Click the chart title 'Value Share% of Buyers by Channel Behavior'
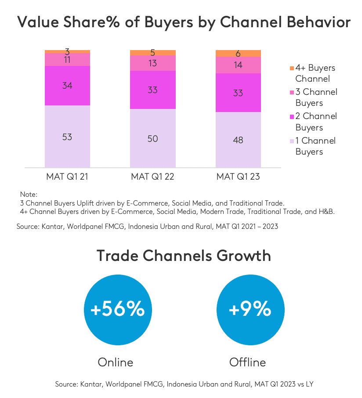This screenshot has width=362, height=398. point(181,22)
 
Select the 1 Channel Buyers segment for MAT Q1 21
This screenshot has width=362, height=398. point(68,136)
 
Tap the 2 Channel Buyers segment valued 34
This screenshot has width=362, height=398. point(68,86)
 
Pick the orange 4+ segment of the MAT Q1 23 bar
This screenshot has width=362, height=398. point(238,54)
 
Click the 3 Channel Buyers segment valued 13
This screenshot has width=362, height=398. point(153,63)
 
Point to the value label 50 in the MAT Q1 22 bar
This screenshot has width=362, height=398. point(153,139)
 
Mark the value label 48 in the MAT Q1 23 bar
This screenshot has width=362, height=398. point(238,140)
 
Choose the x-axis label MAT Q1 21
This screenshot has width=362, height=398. point(68,177)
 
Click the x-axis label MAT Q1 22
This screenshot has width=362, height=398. point(153,177)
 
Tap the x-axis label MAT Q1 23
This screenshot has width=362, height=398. point(238,177)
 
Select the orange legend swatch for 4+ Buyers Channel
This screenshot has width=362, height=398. point(291,69)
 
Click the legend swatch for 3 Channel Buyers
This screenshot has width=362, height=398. point(291,93)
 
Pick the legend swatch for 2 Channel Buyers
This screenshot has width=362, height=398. point(291,117)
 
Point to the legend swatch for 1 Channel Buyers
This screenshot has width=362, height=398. point(291,141)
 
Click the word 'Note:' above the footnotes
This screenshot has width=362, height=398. point(29,194)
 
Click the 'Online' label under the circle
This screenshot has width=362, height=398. point(115,362)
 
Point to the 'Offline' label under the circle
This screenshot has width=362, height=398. point(248,362)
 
